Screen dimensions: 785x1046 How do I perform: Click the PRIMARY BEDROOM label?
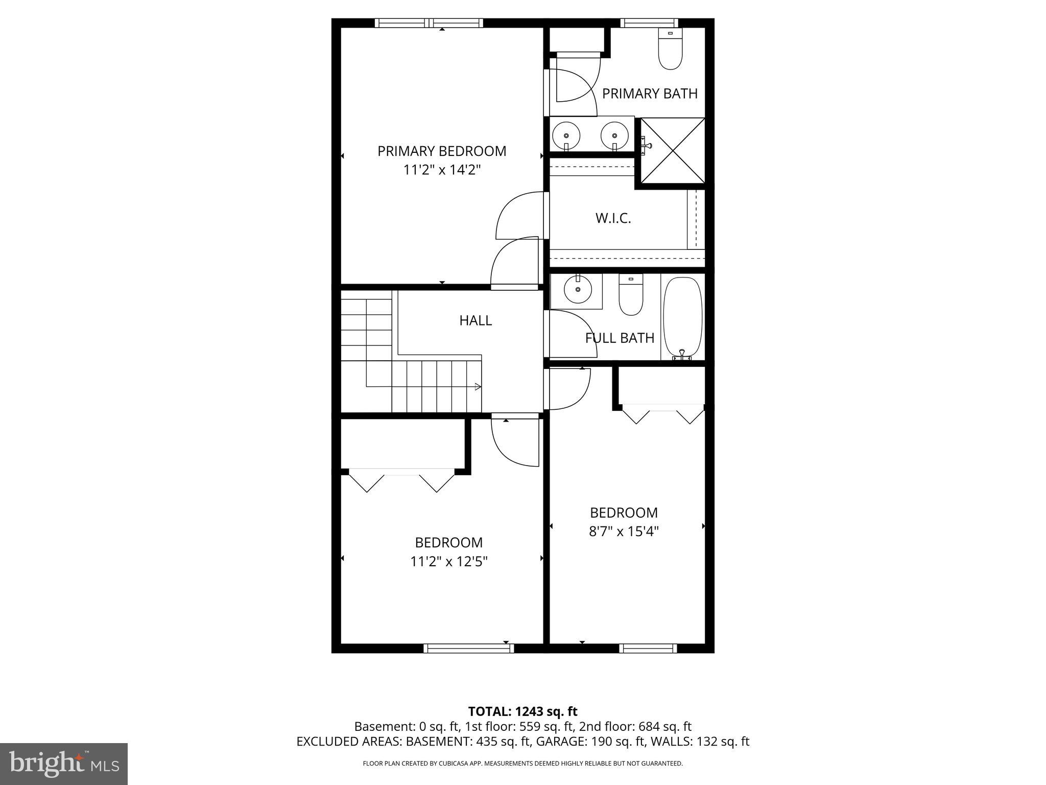click(x=442, y=151)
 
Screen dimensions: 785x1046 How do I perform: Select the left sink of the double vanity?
click(x=566, y=135)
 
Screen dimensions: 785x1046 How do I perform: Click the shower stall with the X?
click(x=673, y=150)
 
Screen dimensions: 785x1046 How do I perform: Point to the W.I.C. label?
click(x=613, y=219)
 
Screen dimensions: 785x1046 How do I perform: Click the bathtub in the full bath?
click(x=682, y=317)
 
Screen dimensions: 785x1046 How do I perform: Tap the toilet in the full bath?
click(x=631, y=296)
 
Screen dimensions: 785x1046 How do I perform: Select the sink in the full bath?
click(x=578, y=290)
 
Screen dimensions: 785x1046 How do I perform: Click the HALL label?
click(x=476, y=321)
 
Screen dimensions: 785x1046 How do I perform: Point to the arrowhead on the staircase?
click(x=478, y=386)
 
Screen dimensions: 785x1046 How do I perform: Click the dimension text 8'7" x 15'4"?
click(x=624, y=532)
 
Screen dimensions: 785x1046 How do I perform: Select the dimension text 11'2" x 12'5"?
click(x=448, y=562)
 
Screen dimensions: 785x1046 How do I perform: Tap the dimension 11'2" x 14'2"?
click(x=442, y=170)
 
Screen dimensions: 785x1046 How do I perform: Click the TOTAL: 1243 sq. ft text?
click(x=522, y=711)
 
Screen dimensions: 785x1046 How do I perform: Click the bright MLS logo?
click(x=64, y=764)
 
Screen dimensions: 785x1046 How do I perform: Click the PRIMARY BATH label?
click(x=650, y=94)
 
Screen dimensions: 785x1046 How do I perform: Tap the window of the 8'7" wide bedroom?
click(x=648, y=648)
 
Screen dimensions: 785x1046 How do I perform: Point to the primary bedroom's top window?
click(x=429, y=23)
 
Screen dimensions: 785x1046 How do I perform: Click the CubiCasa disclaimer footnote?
click(x=522, y=764)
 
